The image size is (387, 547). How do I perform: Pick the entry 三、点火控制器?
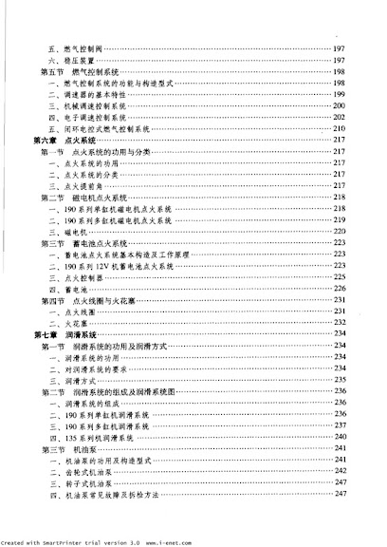(77, 277)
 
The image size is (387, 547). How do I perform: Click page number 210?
(339, 128)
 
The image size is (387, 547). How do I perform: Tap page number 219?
(339, 220)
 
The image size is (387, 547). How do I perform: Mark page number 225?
(339, 277)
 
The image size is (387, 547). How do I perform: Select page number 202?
(339, 117)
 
